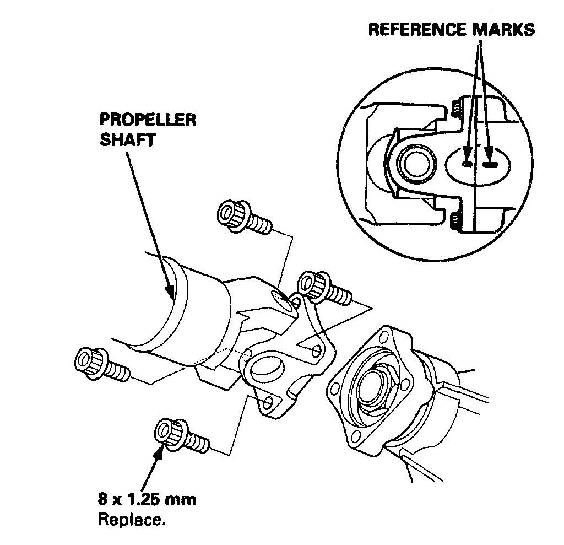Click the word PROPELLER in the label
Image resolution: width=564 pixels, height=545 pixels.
148,121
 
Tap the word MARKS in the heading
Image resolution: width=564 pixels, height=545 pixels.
503,30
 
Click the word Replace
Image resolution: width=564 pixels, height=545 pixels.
131,519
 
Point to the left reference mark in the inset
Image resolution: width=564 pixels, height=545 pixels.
467,164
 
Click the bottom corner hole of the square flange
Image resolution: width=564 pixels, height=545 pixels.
355,439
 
